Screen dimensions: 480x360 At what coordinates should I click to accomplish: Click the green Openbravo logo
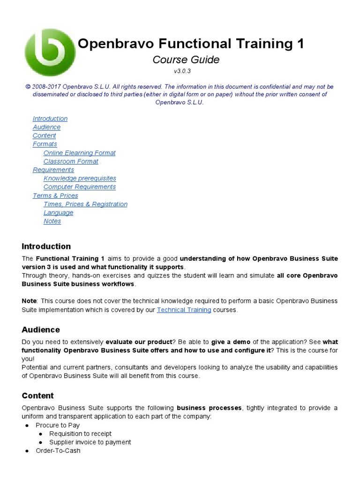click(x=49, y=52)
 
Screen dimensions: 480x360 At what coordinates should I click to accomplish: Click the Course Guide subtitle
click(x=186, y=60)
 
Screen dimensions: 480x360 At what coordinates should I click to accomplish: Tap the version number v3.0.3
click(x=182, y=71)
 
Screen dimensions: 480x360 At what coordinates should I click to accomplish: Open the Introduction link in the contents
click(x=50, y=119)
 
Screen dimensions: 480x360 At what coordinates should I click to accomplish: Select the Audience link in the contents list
click(x=46, y=127)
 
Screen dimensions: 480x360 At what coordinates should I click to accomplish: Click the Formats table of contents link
click(x=45, y=144)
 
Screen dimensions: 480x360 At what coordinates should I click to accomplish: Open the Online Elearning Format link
click(x=79, y=153)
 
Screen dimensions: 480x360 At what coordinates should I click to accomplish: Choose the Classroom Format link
click(x=71, y=161)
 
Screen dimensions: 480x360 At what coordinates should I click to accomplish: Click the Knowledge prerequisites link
click(x=80, y=178)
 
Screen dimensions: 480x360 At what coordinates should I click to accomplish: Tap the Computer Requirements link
click(x=80, y=187)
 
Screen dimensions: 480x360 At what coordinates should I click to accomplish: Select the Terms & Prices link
click(x=55, y=195)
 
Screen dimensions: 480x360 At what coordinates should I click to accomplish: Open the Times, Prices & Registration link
click(x=85, y=204)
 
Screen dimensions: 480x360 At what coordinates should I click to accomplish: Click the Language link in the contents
click(x=59, y=212)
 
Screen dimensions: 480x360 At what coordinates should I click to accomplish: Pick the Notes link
click(x=52, y=221)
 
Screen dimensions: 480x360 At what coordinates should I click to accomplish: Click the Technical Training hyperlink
click(x=184, y=310)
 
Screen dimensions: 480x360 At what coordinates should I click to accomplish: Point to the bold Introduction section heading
click(x=46, y=247)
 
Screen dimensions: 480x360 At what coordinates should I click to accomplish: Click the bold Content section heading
click(x=37, y=396)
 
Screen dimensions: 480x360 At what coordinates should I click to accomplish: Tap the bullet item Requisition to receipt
click(x=80, y=434)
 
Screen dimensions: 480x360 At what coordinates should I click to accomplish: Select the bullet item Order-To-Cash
click(x=58, y=450)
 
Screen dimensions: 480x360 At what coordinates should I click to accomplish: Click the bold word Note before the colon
click(x=29, y=301)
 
